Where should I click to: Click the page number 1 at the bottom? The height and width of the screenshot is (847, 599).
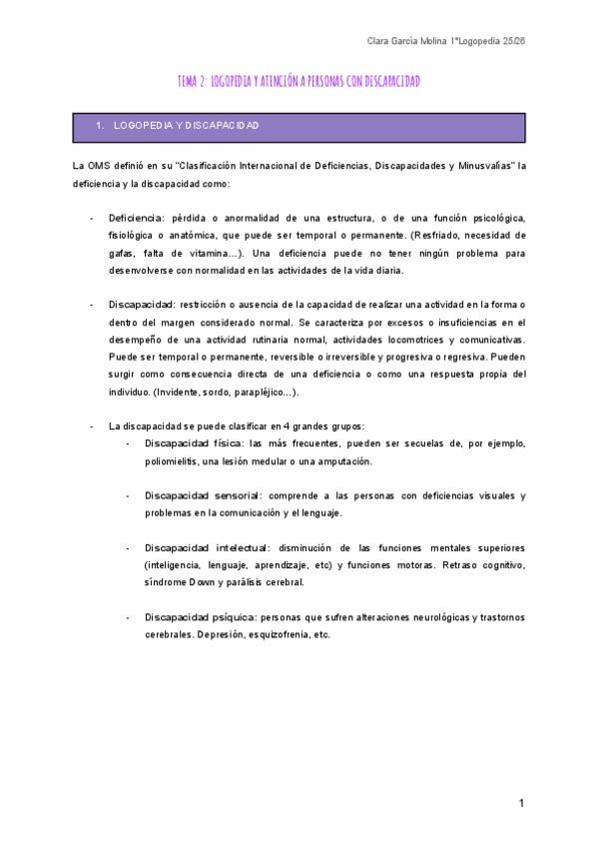click(x=521, y=803)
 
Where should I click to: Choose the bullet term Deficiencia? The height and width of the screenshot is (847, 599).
click(x=138, y=218)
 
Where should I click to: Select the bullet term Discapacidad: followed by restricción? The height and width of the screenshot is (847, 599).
click(x=142, y=305)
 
